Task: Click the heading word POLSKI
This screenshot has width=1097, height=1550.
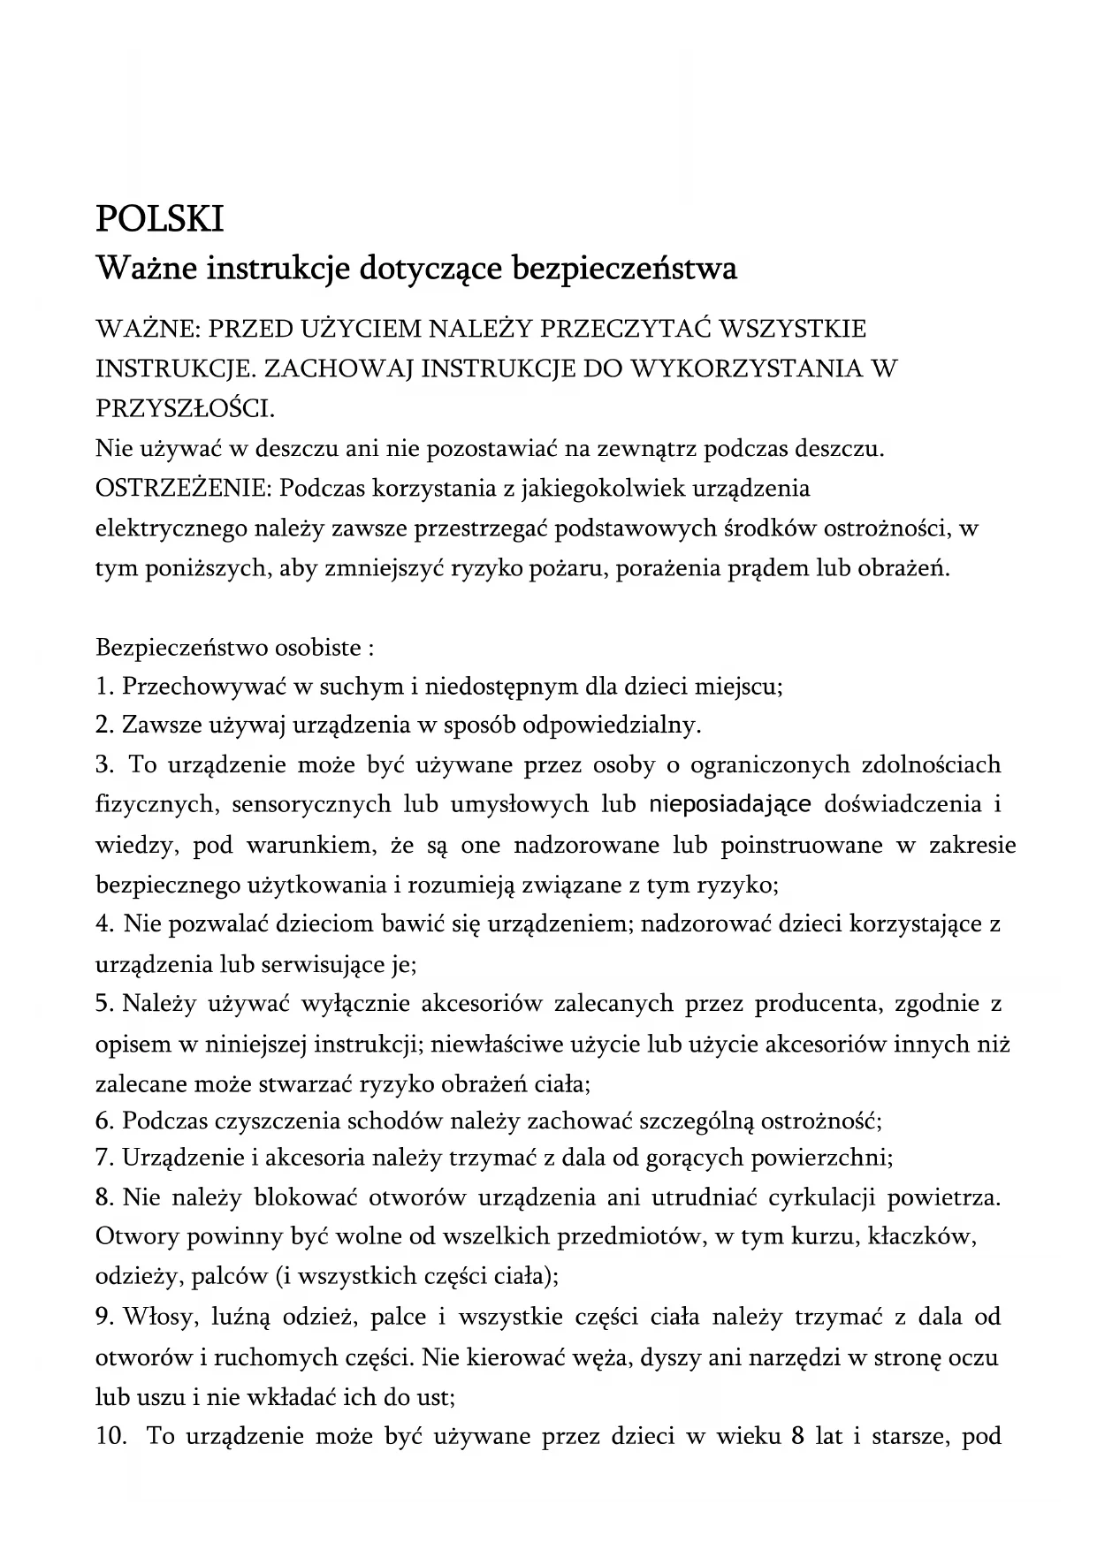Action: pyautogui.click(x=159, y=218)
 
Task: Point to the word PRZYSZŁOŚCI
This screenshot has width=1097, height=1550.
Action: pyautogui.click(x=184, y=408)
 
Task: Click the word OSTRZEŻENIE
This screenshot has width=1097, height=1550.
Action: pyautogui.click(x=182, y=488)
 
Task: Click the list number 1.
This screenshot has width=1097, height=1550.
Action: pyautogui.click(x=103, y=687)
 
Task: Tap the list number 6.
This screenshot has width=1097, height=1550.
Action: pyautogui.click(x=103, y=1121)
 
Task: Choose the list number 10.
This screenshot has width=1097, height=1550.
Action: pyautogui.click(x=109, y=1436)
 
